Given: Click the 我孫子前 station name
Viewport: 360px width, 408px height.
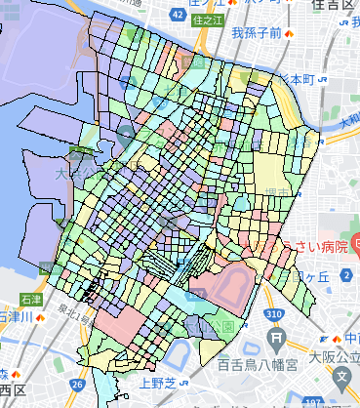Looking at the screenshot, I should pyautogui.click(x=256, y=33).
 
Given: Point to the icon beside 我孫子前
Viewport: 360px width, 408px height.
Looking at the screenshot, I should pyautogui.click(x=290, y=33).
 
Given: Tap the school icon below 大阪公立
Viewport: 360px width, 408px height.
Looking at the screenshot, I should pyautogui.click(x=342, y=374).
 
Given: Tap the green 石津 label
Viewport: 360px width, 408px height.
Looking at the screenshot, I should pyautogui.click(x=29, y=300).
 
